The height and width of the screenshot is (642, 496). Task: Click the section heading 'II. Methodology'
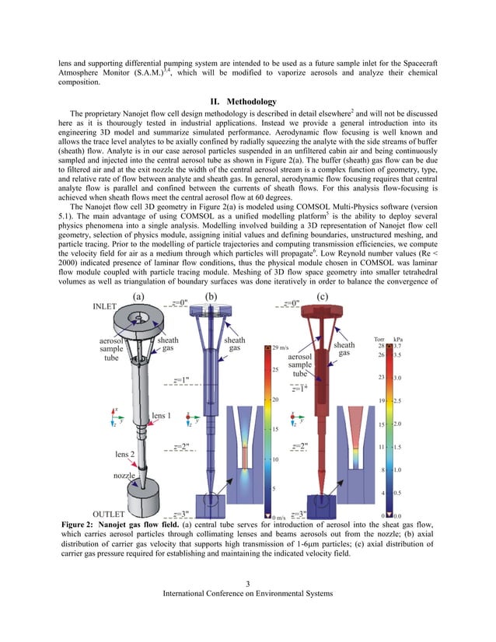point(247,101)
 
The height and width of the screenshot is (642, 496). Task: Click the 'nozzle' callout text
point(125,474)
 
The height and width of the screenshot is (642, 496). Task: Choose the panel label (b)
point(209,296)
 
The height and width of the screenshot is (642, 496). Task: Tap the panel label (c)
point(321,296)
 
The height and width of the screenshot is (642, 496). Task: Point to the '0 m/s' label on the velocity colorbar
point(280,517)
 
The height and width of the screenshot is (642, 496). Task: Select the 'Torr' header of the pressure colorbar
point(380,339)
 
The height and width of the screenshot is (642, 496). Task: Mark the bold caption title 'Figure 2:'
point(82,525)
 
